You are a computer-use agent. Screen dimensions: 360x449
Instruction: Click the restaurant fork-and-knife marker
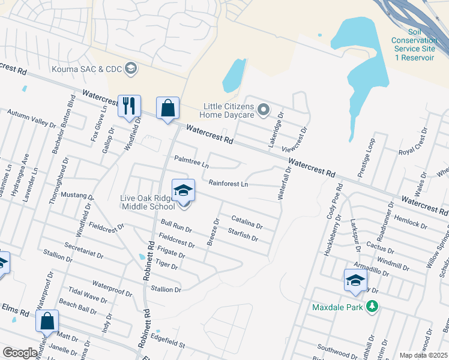tap(129, 106)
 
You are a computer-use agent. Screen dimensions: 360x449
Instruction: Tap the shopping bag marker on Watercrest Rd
tap(167, 108)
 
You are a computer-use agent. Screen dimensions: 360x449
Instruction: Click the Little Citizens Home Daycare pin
tap(263, 110)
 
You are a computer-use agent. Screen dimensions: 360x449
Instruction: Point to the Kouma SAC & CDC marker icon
tap(130, 68)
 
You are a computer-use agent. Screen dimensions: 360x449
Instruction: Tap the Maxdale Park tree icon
tap(373, 307)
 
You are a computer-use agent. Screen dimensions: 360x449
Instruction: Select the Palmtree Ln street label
tap(191, 162)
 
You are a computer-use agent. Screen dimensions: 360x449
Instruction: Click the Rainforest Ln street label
tap(228, 183)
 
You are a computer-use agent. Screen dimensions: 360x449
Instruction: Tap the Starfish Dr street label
tap(243, 235)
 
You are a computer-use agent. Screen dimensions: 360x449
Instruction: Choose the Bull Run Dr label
tap(176, 226)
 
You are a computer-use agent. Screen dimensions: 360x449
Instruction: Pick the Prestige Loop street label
tap(366, 157)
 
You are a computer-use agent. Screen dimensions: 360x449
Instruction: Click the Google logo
tap(20, 353)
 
